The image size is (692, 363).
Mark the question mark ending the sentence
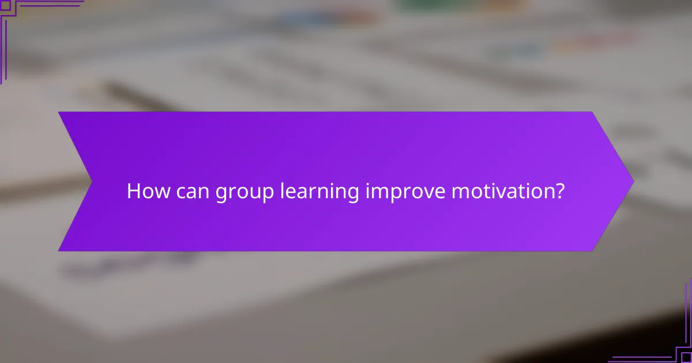559,191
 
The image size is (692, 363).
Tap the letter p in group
268,194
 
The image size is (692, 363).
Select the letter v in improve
428,192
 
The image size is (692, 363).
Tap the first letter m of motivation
459,192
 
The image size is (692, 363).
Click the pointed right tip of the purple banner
633,181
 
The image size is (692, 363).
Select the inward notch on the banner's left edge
92,181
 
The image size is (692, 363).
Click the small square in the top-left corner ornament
5,5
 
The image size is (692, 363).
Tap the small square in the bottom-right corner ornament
686,357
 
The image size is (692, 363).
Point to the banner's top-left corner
59,112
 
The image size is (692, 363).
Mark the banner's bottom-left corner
59,251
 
